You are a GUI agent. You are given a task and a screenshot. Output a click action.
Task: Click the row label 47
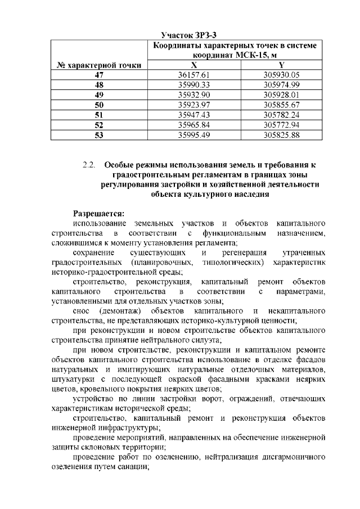(100, 75)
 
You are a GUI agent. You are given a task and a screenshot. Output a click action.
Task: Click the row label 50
(100, 105)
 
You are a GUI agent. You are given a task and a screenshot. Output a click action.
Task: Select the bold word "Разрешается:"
(101, 213)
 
